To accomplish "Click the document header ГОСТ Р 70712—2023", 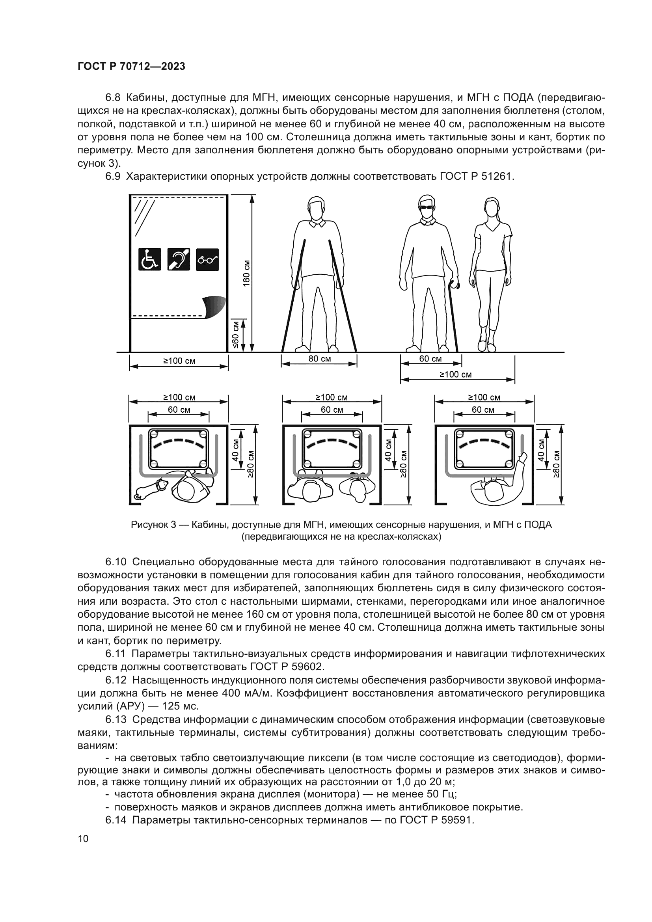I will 131,67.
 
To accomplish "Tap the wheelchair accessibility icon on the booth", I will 150,259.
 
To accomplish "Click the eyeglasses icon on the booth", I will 207,260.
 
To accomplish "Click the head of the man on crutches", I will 317,207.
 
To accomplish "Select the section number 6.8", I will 113,98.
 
